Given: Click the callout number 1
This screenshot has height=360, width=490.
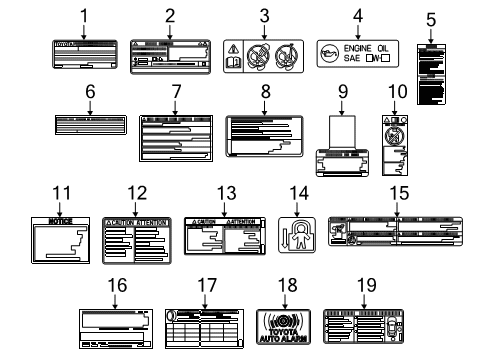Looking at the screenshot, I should (x=84, y=17).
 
